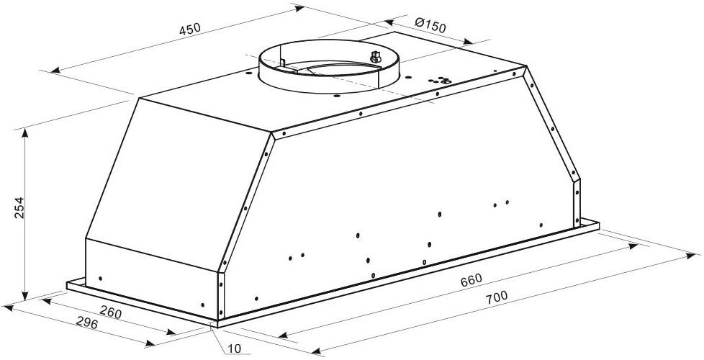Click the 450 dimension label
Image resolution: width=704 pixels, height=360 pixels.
point(190,29)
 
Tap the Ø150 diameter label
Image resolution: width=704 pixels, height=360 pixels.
point(430,25)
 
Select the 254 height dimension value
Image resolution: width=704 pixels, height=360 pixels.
point(19,207)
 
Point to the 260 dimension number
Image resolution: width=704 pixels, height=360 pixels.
point(110,312)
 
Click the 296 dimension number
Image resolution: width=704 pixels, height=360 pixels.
point(87,323)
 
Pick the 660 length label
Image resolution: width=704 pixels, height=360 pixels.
point(471,279)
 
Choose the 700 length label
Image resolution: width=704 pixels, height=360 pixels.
point(497,296)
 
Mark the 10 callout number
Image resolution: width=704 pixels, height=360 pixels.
point(234,348)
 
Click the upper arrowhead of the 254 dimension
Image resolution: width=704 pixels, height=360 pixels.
point(24,133)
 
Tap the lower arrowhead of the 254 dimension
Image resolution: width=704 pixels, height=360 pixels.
point(24,295)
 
